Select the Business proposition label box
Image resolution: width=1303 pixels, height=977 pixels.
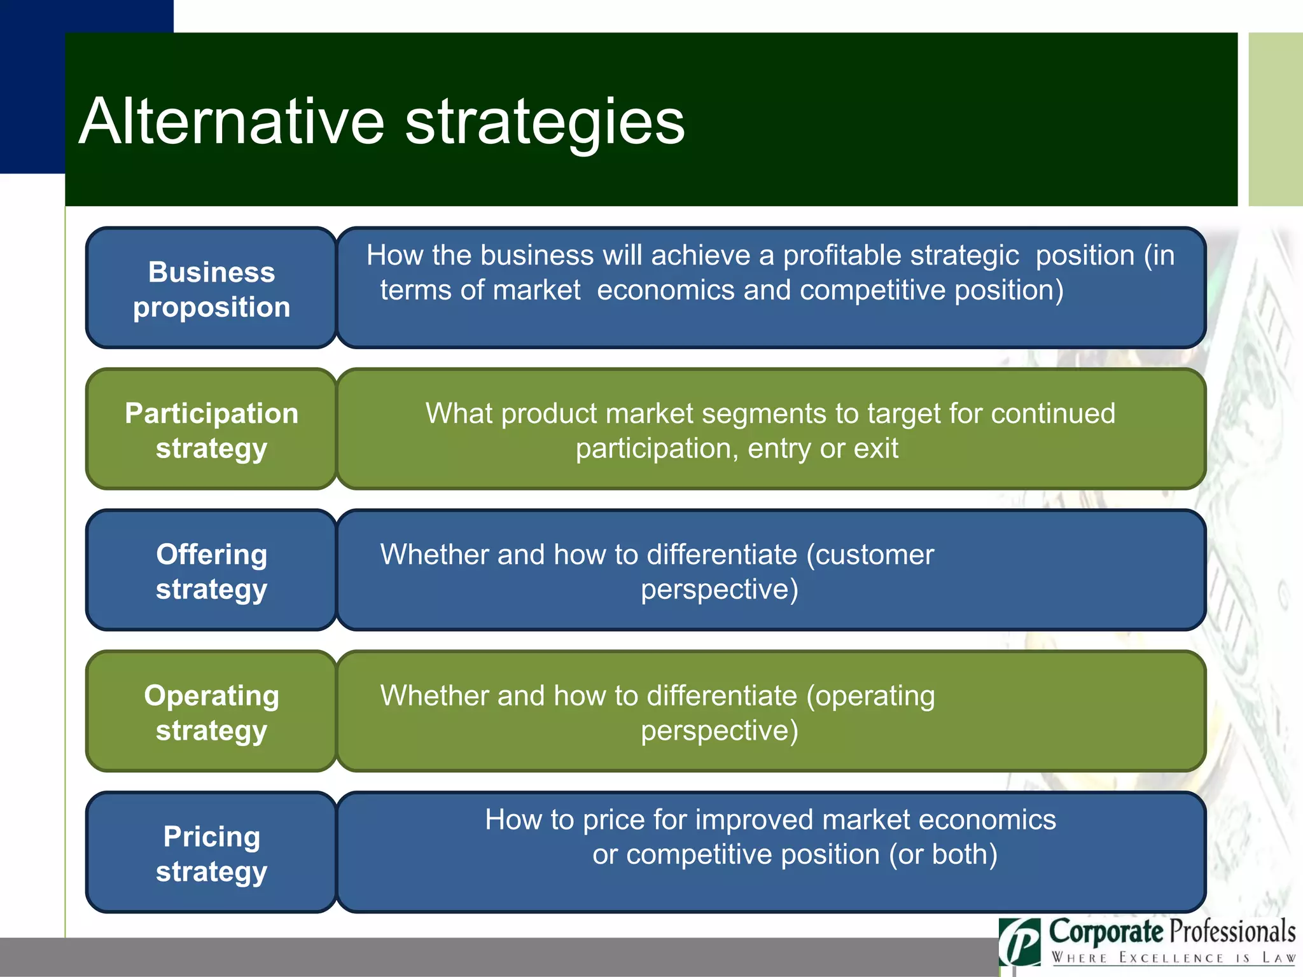[211, 288]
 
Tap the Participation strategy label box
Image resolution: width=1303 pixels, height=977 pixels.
[211, 429]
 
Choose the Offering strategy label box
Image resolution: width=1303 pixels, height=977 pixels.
[211, 571]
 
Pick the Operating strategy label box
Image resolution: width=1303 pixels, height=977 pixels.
[211, 712]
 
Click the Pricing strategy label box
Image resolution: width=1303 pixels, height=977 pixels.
[211, 853]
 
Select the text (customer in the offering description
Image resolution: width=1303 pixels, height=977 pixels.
[870, 555]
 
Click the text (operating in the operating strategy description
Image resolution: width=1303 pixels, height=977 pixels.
[870, 696]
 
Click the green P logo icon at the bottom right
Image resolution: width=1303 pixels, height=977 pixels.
[1020, 942]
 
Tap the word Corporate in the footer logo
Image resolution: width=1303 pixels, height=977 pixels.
[1105, 932]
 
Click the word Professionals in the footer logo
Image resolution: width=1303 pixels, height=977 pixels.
[1232, 932]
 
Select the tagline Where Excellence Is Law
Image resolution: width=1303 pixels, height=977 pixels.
[1173, 958]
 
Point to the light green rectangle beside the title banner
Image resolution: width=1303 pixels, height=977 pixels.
[1275, 119]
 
